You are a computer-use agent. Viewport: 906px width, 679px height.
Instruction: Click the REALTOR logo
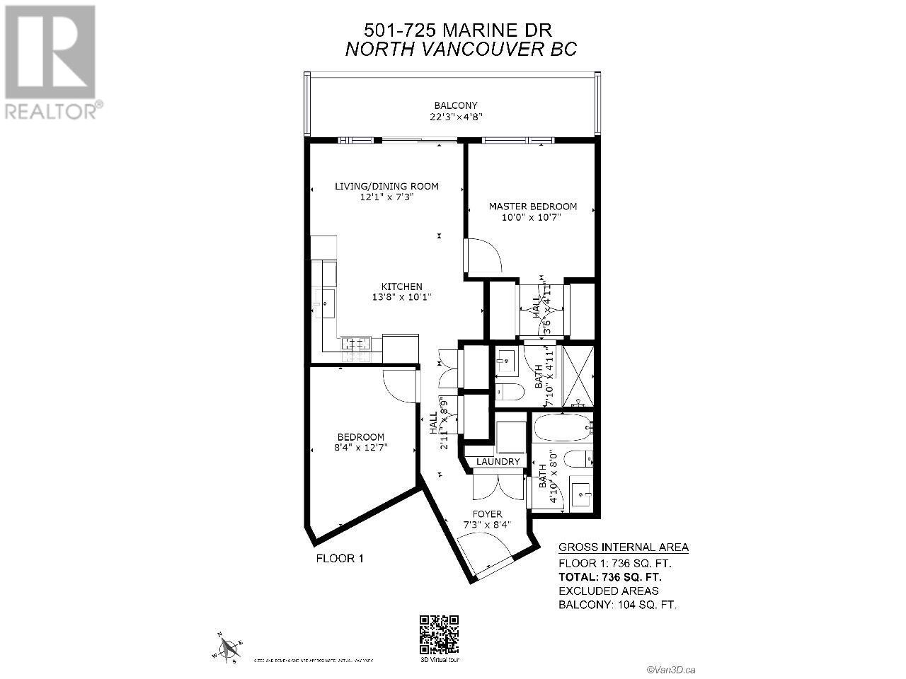51,62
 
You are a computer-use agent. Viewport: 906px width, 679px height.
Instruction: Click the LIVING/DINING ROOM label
386,187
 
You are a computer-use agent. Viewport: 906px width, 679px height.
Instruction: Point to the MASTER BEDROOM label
532,207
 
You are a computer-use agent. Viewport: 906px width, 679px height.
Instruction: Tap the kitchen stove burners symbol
356,344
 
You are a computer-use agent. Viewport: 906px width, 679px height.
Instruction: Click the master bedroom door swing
484,256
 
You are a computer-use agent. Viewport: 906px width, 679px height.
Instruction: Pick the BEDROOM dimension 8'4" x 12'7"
360,448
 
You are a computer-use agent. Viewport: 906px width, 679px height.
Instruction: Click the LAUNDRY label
498,462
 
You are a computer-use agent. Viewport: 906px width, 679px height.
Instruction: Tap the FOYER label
488,514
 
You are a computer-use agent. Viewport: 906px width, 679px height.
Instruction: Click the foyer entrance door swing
483,550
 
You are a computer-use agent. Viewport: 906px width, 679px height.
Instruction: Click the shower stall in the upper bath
578,376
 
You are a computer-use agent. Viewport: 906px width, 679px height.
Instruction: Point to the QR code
439,634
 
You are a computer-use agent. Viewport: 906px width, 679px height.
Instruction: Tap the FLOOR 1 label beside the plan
339,559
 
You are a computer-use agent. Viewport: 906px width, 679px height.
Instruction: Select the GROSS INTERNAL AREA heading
623,547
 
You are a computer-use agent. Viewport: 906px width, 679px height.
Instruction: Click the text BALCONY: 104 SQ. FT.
617,605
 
